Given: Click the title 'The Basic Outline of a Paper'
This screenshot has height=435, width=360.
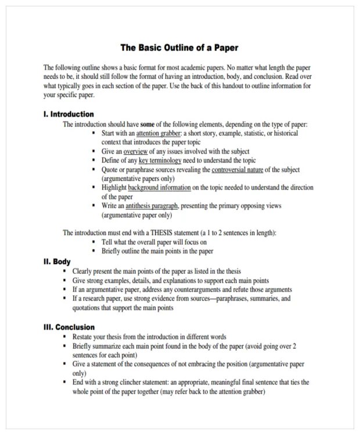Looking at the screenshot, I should click(179, 47).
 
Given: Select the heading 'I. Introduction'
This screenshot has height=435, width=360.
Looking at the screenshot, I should click(69, 114).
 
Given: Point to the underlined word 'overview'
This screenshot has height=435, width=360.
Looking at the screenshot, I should click(136, 151).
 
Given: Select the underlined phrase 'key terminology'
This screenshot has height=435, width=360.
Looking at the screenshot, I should click(160, 161).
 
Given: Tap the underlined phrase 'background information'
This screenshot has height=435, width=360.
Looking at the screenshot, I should click(159, 188).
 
